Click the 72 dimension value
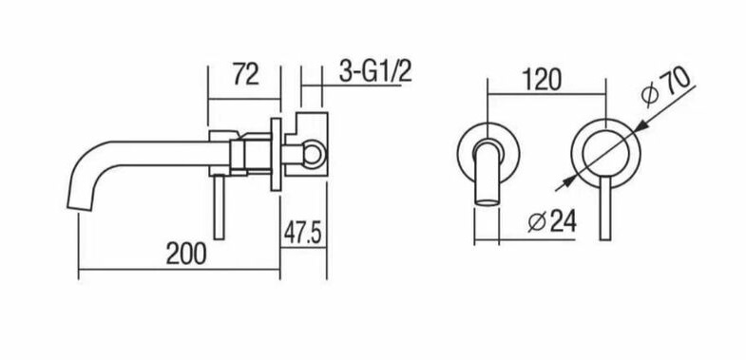tap(245, 75)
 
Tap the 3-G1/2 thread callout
tap(375, 72)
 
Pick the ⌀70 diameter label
tap(664, 85)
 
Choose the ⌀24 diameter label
tap(552, 221)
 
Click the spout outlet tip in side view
tap(79, 206)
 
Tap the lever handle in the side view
tap(219, 207)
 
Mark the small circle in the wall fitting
tap(312, 153)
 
